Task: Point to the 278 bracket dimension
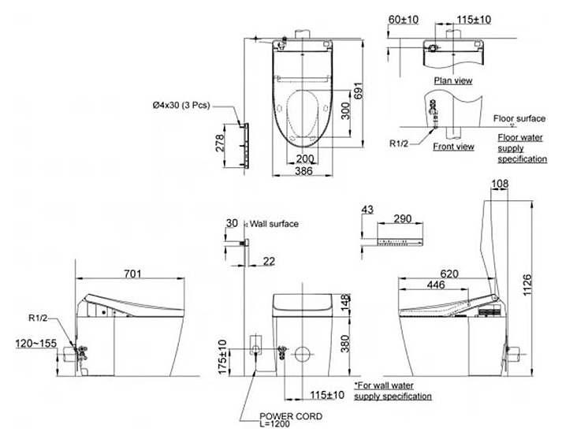click(221, 143)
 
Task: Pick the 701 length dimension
click(132, 274)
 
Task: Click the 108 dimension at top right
click(499, 184)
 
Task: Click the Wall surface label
click(274, 224)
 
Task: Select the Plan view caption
click(453, 80)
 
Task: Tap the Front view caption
click(454, 146)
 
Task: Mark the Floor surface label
click(519, 118)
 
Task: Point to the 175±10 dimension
click(222, 356)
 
